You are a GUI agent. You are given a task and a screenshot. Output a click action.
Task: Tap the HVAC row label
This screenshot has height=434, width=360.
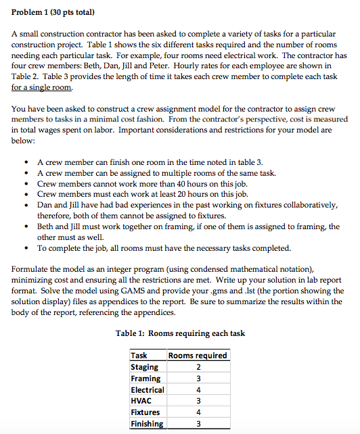point(141,401)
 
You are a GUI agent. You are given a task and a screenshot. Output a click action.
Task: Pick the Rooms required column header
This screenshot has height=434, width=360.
point(198,356)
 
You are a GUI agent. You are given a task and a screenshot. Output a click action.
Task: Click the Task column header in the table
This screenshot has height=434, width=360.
point(139,356)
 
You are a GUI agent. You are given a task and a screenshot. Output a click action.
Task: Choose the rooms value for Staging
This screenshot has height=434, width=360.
point(198,367)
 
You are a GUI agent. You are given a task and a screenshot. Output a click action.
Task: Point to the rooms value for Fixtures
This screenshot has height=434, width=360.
point(198,412)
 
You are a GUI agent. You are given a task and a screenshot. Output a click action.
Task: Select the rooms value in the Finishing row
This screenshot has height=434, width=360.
point(198,424)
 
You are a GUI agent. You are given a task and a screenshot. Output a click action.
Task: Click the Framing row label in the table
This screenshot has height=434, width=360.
point(145,379)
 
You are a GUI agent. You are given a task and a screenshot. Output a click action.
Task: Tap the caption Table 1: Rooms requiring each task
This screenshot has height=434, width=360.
point(181,333)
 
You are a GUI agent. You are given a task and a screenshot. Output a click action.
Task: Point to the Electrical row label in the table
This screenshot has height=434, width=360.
point(148,390)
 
